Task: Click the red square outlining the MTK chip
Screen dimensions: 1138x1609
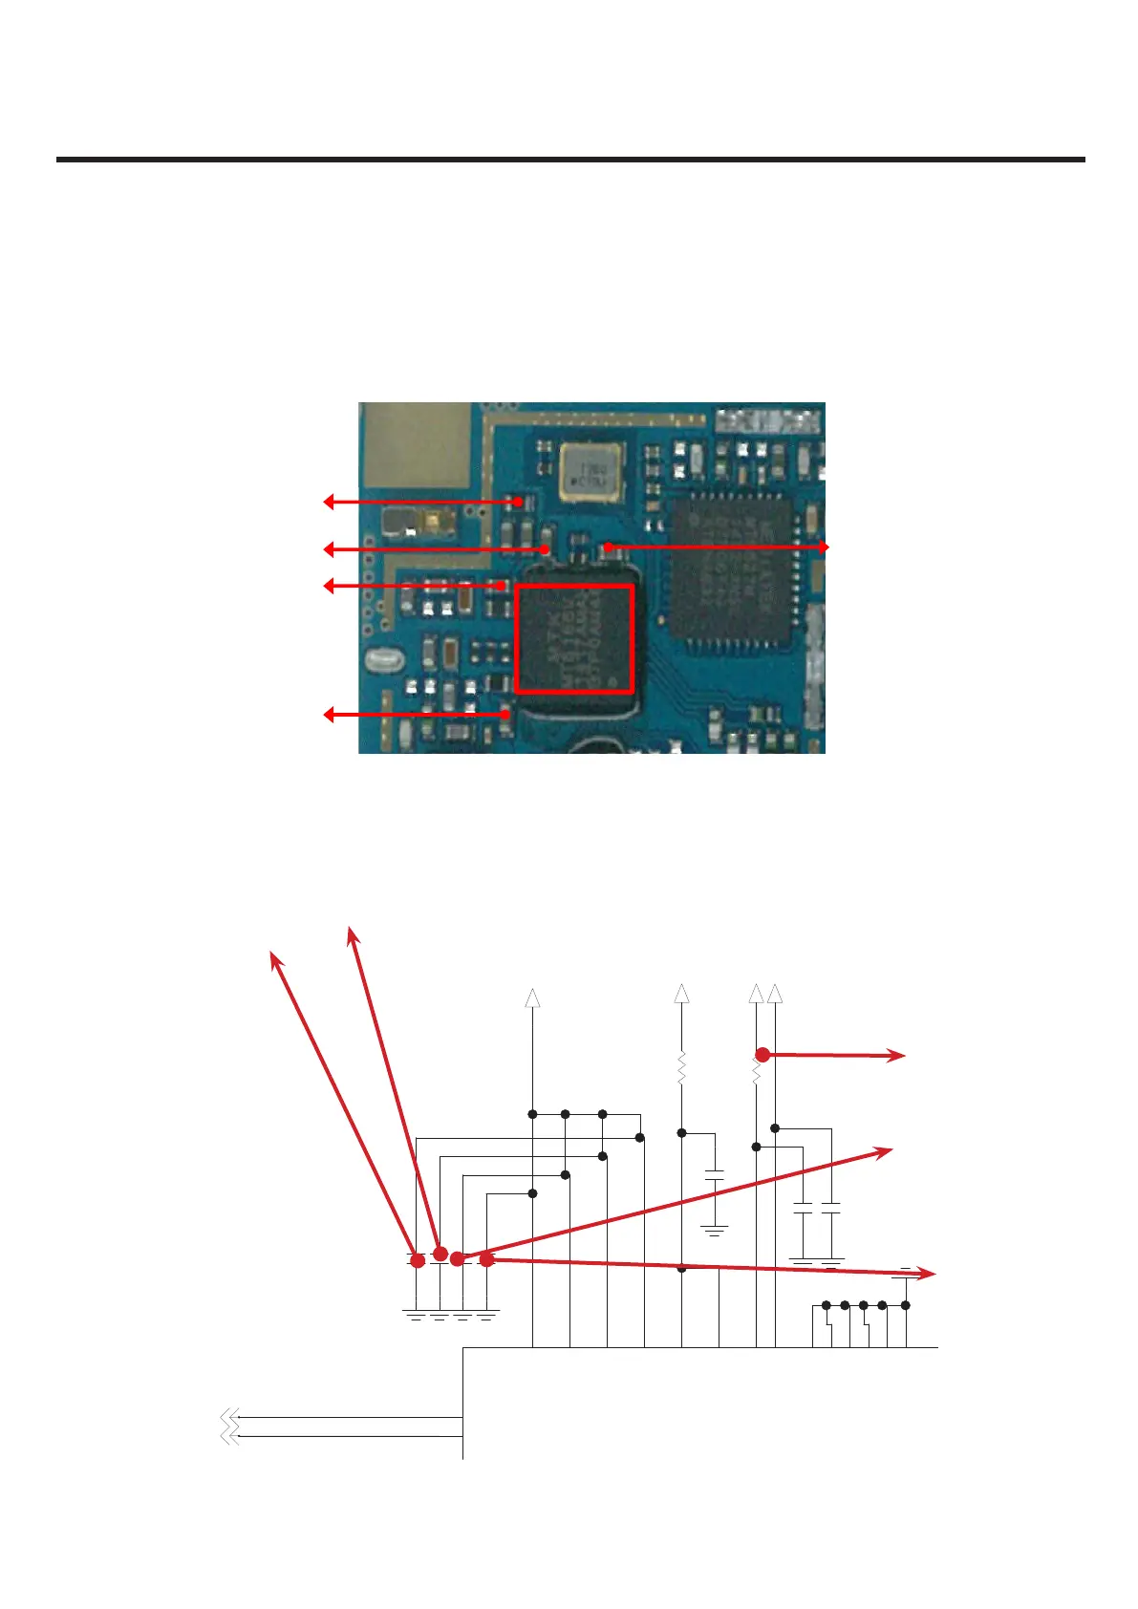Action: pos(574,638)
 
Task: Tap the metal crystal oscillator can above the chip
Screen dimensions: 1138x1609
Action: pos(588,471)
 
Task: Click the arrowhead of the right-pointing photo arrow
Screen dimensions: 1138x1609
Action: pos(824,547)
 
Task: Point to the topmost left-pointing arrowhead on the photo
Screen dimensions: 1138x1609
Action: pos(329,502)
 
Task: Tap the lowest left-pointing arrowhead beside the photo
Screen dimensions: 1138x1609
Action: pos(329,714)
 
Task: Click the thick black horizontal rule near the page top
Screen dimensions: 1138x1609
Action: pos(570,160)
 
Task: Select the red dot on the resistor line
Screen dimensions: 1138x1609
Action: pos(762,1055)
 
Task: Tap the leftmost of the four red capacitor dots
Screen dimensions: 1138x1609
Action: pos(418,1261)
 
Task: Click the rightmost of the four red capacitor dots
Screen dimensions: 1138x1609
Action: pos(486,1259)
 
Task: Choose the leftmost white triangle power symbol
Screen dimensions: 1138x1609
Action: pos(533,998)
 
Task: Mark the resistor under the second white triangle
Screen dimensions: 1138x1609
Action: pos(681,1067)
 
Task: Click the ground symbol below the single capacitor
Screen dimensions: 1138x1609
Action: pos(714,1230)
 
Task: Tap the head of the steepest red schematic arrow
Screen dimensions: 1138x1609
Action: pos(352,932)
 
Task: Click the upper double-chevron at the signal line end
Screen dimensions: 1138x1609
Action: pos(229,1417)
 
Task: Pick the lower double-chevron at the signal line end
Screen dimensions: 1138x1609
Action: pos(229,1435)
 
